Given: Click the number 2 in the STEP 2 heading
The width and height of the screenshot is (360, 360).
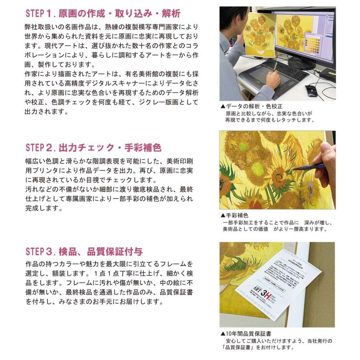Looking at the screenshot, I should pyautogui.click(x=50, y=148).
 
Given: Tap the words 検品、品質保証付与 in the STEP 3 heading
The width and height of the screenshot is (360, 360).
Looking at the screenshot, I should pyautogui.click(x=100, y=252).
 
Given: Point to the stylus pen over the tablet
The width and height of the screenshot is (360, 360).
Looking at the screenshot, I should pyautogui.click(x=276, y=66).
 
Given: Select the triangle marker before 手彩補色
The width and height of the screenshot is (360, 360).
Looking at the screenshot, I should pyautogui.click(x=223, y=215).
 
